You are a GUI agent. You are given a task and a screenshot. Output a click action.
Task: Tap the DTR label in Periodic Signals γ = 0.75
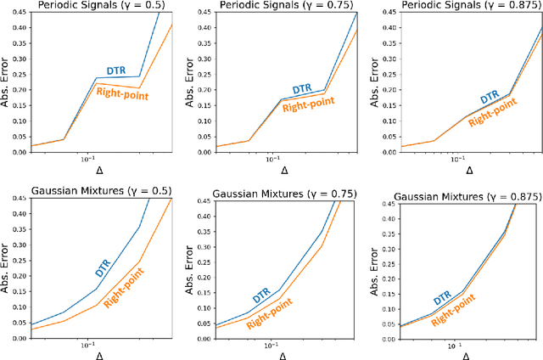pyautogui.click(x=301, y=88)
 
